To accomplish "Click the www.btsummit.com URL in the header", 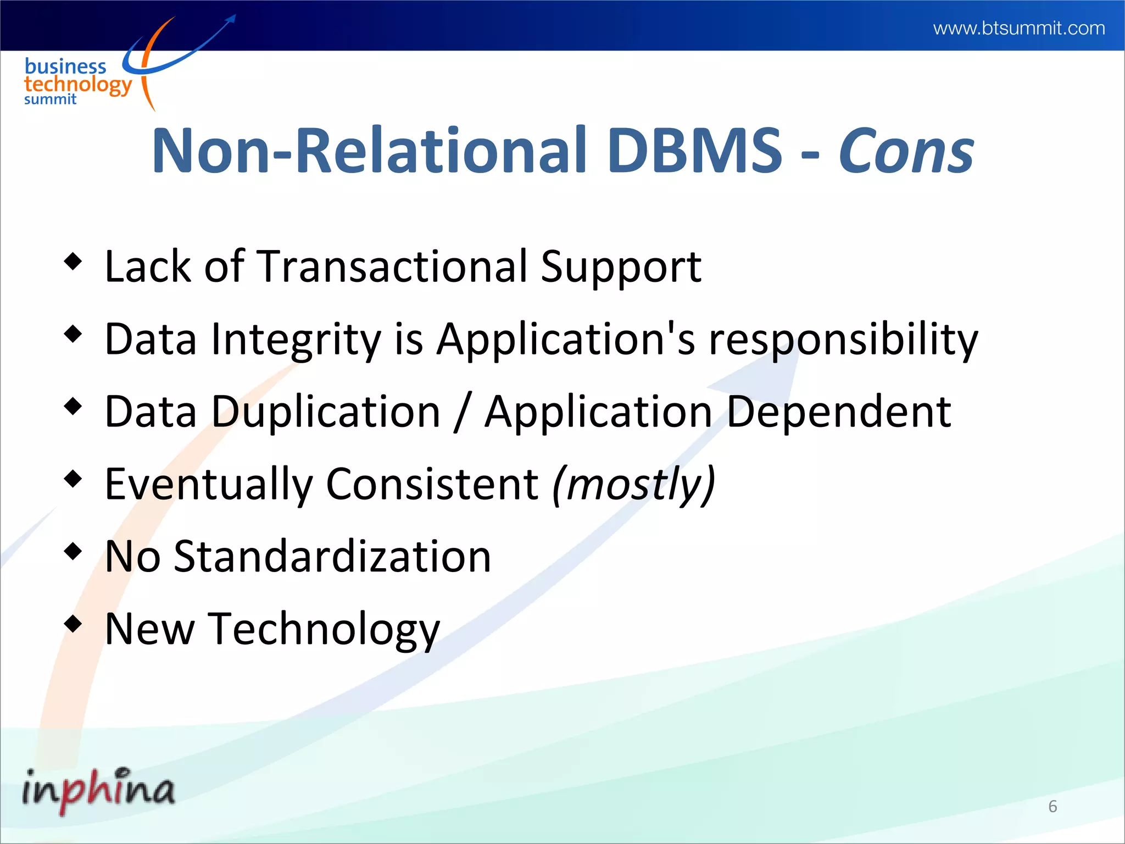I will pos(1019,28).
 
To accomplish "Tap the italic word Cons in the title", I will pos(906,151).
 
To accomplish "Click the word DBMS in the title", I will pos(694,151).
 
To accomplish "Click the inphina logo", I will pos(98,790).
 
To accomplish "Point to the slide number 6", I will pos(1052,806).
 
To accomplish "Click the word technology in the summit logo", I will pos(78,85).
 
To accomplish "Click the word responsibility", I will pos(843,340).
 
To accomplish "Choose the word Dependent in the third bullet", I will pos(839,412).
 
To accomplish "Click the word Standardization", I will pos(332,557).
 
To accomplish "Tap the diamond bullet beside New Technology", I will pos(73,624).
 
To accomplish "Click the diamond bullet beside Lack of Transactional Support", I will pos(73,260).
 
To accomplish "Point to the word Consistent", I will pos(432,485).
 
